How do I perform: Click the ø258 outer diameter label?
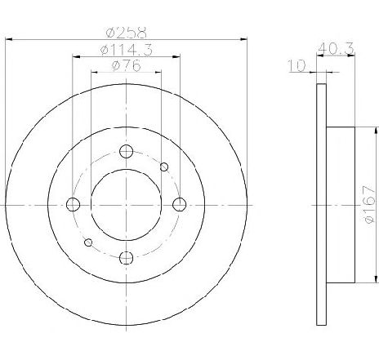tap(126, 33)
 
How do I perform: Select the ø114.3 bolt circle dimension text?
tap(127, 50)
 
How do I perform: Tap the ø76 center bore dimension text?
tap(127, 65)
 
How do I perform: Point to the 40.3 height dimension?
tap(337, 48)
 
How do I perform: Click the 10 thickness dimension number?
tap(297, 66)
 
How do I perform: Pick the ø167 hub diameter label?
tap(369, 204)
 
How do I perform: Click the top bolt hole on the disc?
tap(127, 151)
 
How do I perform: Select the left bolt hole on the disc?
tap(73, 204)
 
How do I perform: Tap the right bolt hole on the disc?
tap(180, 204)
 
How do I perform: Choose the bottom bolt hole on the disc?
tap(127, 257)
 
